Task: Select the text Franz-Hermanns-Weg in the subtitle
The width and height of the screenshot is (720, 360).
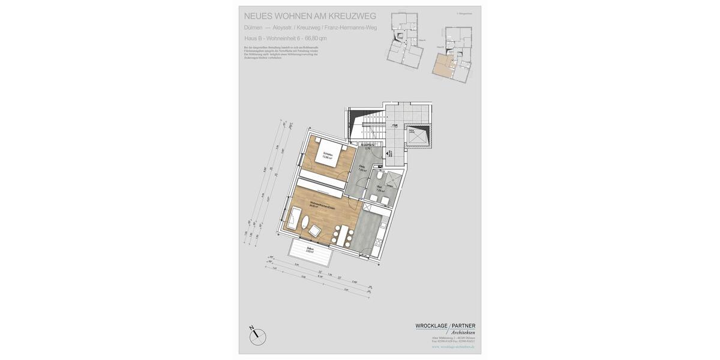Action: pos(351,28)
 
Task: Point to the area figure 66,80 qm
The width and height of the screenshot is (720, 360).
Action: pos(316,38)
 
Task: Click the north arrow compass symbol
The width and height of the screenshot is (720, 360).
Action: pos(257,336)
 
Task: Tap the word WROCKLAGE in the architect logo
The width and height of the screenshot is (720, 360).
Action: pos(431,326)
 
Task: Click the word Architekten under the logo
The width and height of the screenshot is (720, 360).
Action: pos(463,332)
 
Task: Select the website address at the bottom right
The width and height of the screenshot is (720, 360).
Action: pos(453,346)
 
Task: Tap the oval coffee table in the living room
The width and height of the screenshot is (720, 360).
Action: pos(314,231)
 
